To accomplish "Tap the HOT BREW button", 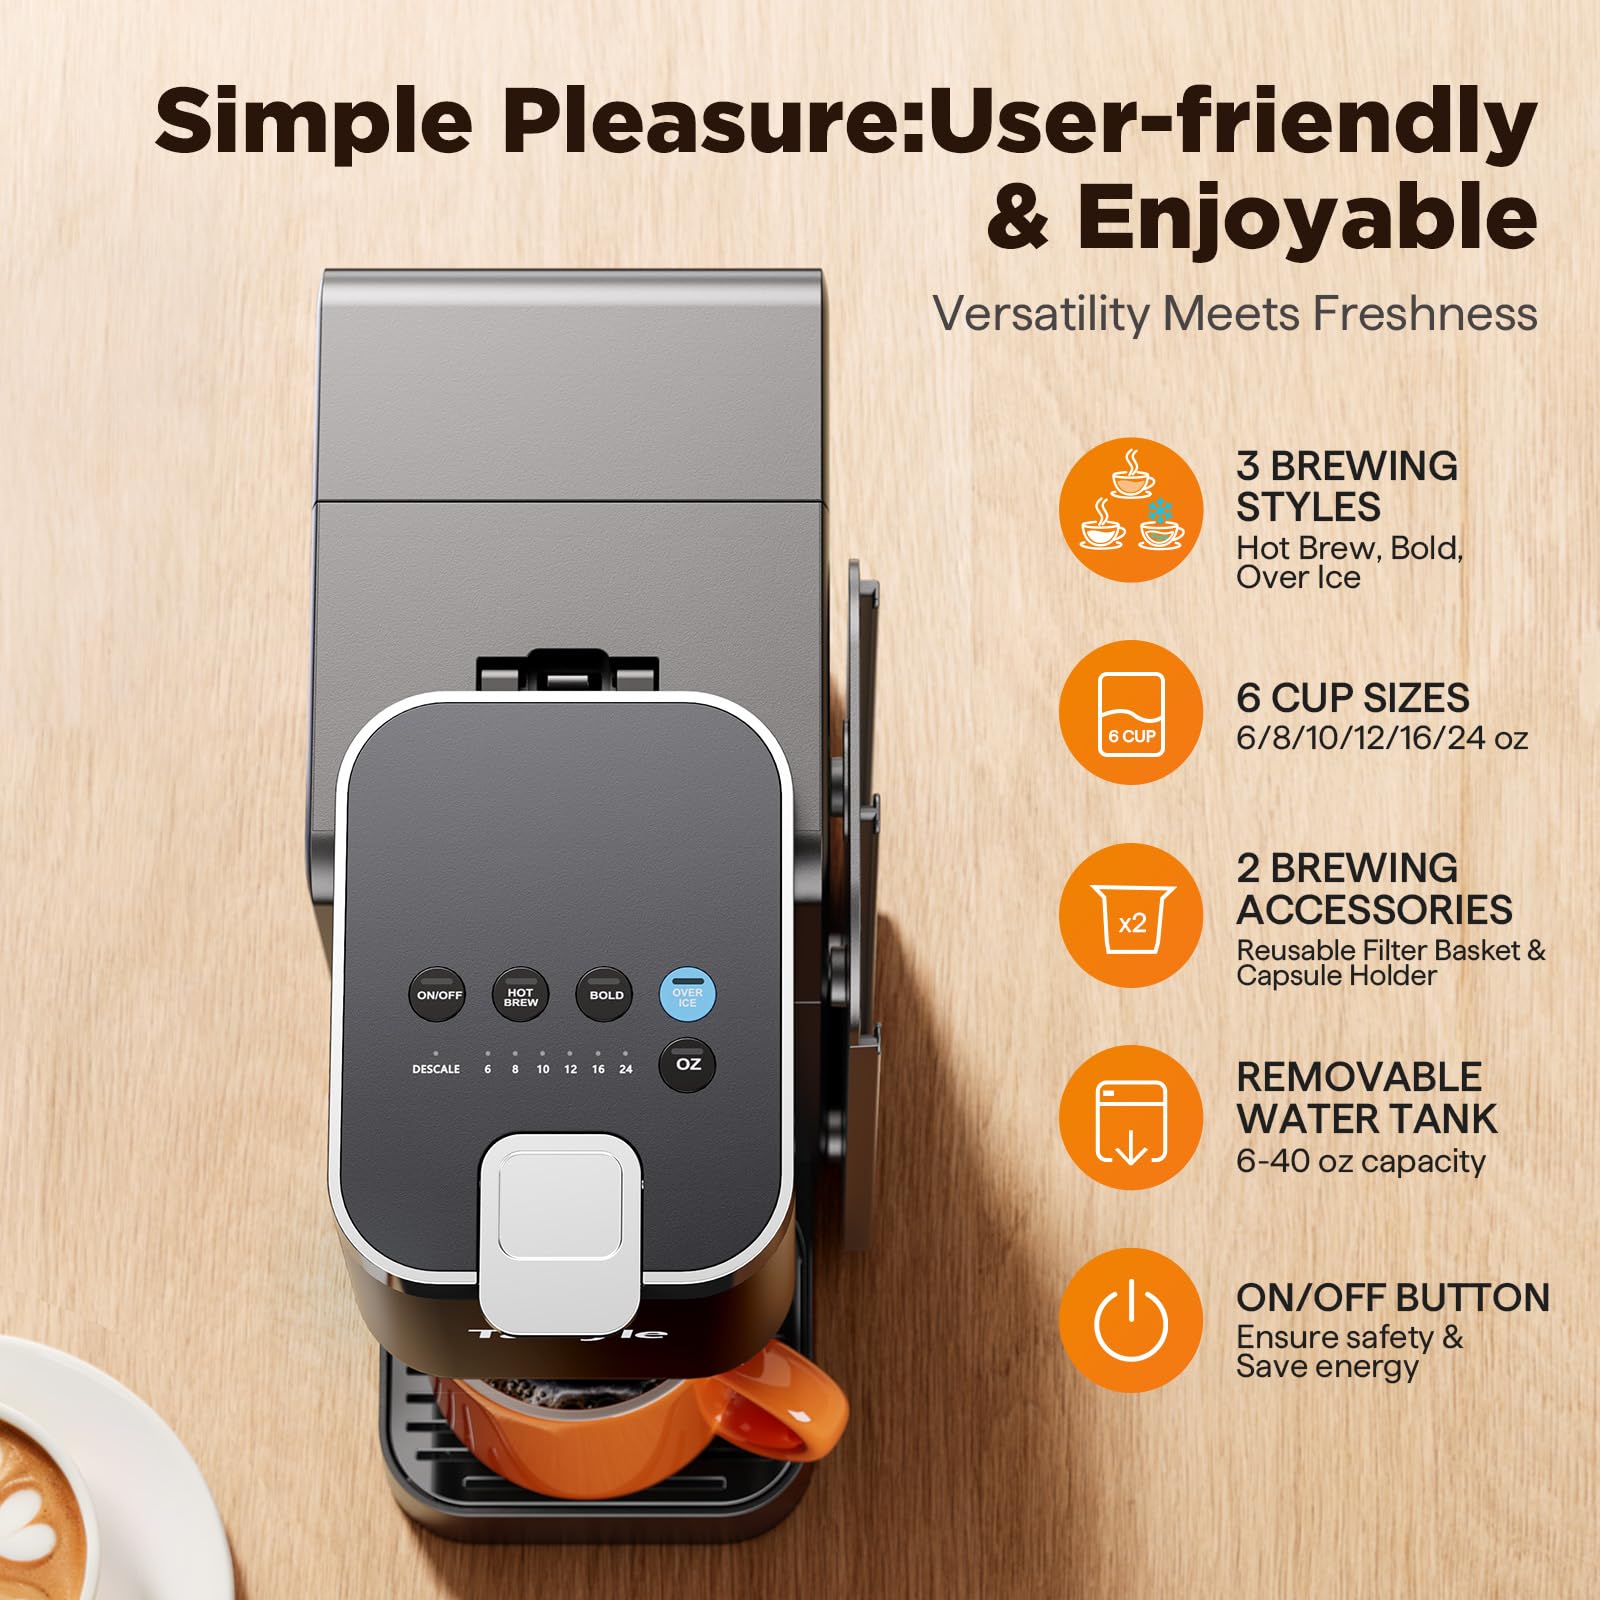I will pos(520,995).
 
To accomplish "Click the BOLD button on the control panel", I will pos(605,995).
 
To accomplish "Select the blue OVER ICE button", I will pos(687,995).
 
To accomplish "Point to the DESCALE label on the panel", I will pos(436,1069).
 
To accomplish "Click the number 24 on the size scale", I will pos(626,1069).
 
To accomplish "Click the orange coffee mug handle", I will pos(790,1400).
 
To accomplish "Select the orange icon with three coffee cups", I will pos(1130,510).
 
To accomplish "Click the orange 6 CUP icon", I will pos(1130,712).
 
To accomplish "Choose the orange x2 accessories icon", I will pos(1130,916).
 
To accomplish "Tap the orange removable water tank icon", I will pos(1130,1118).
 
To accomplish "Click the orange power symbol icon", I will pos(1130,1320).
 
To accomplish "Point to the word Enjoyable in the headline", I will pos(1306,218).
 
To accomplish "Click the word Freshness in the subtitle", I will pos(1424,313).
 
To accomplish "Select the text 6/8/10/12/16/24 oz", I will pos(1381,738).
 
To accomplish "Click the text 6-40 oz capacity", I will pos(1360,1161).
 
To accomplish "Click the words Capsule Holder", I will pos(1336,976).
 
